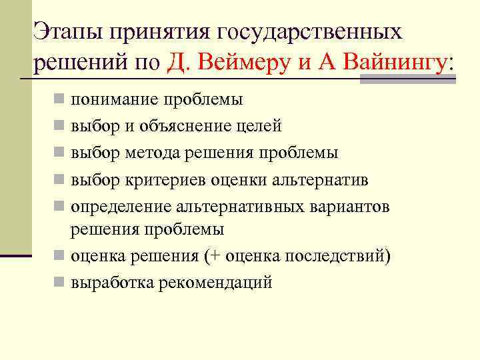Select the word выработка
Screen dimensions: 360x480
coord(112,282)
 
